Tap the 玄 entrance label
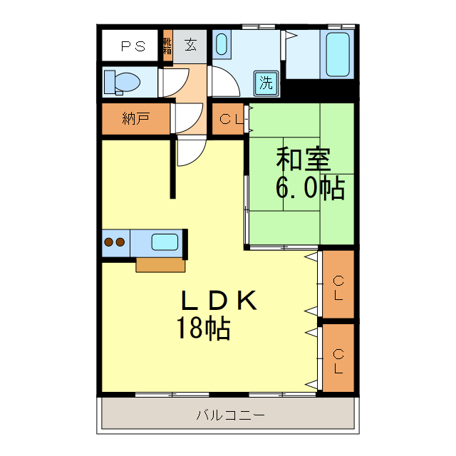click(x=191, y=45)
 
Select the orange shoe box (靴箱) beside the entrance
click(x=167, y=45)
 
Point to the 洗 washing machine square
click(x=266, y=82)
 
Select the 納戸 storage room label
click(x=135, y=118)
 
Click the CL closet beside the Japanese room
click(x=229, y=119)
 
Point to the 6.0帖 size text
click(x=310, y=188)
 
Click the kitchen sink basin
click(x=165, y=242)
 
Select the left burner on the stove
click(x=109, y=242)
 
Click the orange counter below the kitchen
click(x=160, y=265)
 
